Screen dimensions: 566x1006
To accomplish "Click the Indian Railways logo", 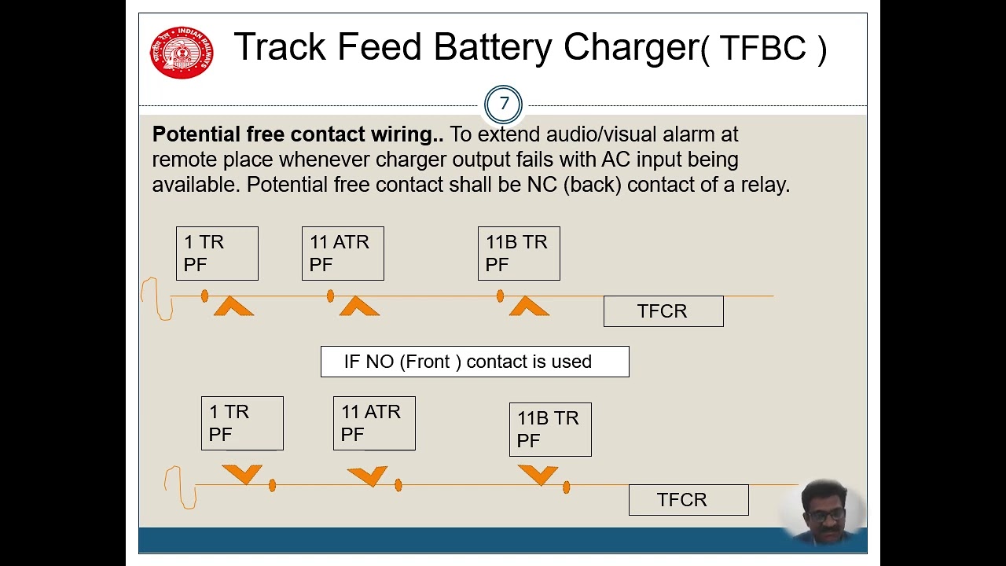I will tap(182, 52).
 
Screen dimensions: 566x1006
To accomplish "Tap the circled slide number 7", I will tap(504, 104).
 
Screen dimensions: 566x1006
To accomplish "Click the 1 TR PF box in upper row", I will tap(217, 253).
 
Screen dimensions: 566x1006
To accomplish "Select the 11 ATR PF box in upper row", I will tap(343, 253).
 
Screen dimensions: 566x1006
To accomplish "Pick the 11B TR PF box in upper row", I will tap(519, 253).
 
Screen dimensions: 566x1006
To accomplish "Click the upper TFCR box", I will tap(663, 311).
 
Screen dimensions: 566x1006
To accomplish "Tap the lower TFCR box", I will tap(688, 500).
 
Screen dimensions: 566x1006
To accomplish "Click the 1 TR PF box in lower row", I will tap(242, 423).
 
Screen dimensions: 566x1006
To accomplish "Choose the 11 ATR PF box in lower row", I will tap(374, 423).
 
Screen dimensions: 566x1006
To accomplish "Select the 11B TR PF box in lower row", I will tap(550, 429).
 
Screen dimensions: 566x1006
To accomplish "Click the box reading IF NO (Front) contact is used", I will tap(475, 362).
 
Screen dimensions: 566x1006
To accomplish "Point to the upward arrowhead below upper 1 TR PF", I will tap(233, 307).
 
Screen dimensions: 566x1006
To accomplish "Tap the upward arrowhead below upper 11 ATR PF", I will tap(359, 307).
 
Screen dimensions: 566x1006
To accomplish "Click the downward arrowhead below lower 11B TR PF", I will tap(538, 474).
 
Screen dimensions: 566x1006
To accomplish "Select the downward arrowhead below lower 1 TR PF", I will tap(242, 474).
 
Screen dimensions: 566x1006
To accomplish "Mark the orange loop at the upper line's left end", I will tap(158, 299).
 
